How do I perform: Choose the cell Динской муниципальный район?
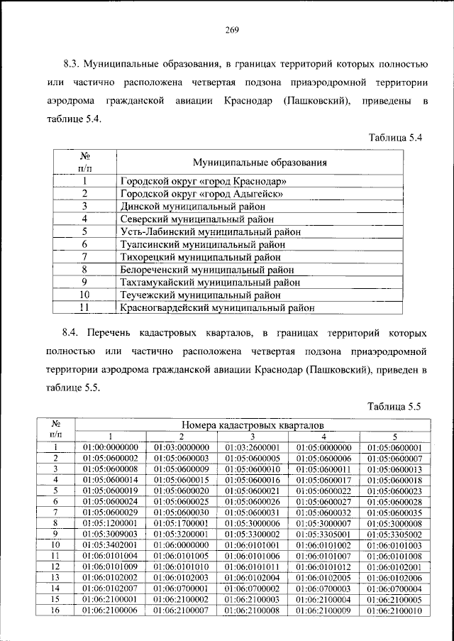tap(186, 206)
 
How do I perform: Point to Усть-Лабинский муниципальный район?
tap(210, 231)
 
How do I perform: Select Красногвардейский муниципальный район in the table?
tap(217, 308)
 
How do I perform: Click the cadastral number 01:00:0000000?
tap(111, 447)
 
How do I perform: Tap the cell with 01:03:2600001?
tap(253, 447)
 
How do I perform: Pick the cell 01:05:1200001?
tap(111, 522)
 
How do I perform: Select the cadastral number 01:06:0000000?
tap(181, 544)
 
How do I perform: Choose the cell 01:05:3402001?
tap(111, 544)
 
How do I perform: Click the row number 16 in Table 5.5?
tap(55, 608)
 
